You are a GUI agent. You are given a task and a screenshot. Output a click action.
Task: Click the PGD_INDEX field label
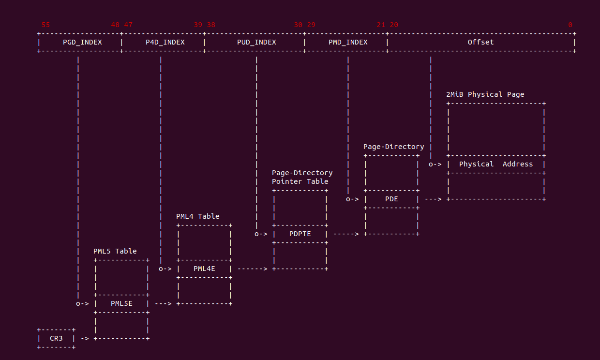(x=82, y=42)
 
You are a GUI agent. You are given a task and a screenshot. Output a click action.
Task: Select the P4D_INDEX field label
(x=165, y=42)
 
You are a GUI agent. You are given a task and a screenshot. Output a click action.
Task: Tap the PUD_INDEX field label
(x=256, y=42)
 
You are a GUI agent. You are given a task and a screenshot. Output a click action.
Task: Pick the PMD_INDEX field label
(x=348, y=42)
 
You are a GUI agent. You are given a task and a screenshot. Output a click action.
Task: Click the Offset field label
(x=480, y=42)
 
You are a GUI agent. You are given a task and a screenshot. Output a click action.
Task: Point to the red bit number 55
(x=45, y=25)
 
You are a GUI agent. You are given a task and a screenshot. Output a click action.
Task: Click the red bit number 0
(x=570, y=25)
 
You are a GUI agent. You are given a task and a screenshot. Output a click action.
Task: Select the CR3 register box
(x=56, y=338)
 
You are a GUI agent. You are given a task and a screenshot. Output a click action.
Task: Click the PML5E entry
(x=121, y=303)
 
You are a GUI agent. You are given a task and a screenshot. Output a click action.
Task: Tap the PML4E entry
(x=204, y=269)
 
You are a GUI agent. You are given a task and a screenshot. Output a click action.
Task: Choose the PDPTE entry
(x=300, y=234)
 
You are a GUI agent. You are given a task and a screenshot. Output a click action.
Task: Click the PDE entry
(x=391, y=199)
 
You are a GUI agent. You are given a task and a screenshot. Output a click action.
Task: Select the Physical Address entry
(x=495, y=164)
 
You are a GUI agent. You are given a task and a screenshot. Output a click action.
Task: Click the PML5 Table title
(x=115, y=251)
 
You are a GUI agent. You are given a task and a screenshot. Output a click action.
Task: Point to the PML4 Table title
(x=197, y=216)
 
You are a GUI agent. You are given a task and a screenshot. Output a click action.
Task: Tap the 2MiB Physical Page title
(x=485, y=94)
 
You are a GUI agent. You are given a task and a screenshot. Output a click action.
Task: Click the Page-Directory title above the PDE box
(x=393, y=147)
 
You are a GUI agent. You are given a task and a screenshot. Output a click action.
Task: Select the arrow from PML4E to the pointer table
(x=252, y=269)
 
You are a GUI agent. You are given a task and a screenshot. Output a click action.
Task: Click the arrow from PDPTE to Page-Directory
(x=346, y=234)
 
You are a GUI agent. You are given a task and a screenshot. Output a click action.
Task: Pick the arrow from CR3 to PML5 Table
(x=85, y=338)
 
